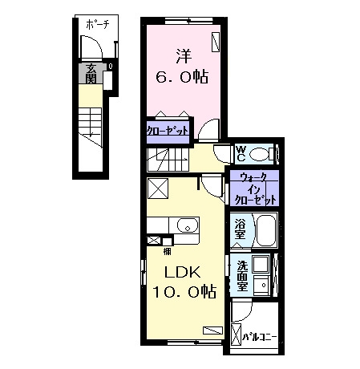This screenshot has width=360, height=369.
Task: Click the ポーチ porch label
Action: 98,25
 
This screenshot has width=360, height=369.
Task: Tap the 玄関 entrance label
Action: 91,74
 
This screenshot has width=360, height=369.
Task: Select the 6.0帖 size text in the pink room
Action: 182,77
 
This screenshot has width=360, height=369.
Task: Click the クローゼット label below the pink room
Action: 168,131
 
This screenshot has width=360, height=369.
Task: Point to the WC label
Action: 241,154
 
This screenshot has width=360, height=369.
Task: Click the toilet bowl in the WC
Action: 259,154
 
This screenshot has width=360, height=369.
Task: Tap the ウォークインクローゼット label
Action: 255,189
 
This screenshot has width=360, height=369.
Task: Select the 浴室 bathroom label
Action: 240,229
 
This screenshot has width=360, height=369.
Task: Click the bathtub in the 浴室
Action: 265,230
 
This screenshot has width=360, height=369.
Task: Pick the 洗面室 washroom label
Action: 242,275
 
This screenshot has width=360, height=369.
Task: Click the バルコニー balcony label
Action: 259,337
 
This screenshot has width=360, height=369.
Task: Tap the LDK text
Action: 182,273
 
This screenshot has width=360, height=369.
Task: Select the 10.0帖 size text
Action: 184,291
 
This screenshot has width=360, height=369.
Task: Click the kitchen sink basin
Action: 188,225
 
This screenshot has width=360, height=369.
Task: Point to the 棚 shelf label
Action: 168,251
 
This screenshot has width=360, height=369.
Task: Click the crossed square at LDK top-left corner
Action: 158,189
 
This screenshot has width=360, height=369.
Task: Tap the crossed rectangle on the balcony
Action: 236,335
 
